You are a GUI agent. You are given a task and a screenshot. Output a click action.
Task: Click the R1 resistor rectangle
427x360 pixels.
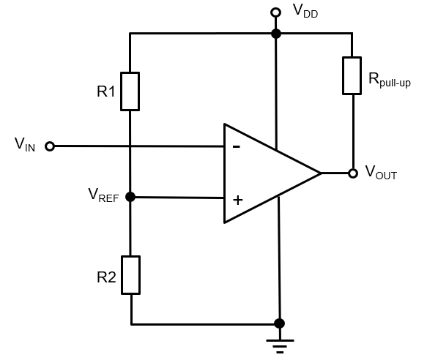click(130, 91)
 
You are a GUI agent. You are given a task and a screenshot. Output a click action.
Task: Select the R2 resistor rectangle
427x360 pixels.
click(130, 274)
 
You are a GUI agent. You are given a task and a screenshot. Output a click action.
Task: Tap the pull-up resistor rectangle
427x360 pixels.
click(352, 75)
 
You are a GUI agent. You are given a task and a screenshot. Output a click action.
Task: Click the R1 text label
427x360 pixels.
click(106, 92)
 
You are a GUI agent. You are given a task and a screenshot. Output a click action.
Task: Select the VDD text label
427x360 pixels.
click(305, 10)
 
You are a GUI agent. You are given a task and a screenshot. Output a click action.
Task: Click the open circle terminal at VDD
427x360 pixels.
click(276, 12)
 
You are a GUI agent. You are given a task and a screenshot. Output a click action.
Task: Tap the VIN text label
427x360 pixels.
click(25, 144)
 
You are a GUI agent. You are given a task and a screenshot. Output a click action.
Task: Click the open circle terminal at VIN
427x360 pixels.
click(50, 146)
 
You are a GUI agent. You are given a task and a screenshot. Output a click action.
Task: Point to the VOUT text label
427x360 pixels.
click(381, 175)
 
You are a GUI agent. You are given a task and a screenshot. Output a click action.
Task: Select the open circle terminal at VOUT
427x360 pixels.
click(352, 173)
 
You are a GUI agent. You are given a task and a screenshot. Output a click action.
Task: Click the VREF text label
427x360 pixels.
click(103, 195)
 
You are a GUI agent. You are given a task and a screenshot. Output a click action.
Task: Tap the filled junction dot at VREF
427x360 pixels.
click(130, 197)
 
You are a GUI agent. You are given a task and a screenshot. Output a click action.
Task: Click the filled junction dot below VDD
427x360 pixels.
click(276, 34)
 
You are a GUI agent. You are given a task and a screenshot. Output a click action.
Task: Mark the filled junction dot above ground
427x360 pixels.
click(278, 323)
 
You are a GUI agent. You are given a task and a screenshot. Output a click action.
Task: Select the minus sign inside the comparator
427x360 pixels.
click(236, 146)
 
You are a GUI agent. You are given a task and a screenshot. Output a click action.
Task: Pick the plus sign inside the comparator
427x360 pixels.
click(237, 198)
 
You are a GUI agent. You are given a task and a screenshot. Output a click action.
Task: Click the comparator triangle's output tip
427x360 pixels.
click(320, 173)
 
